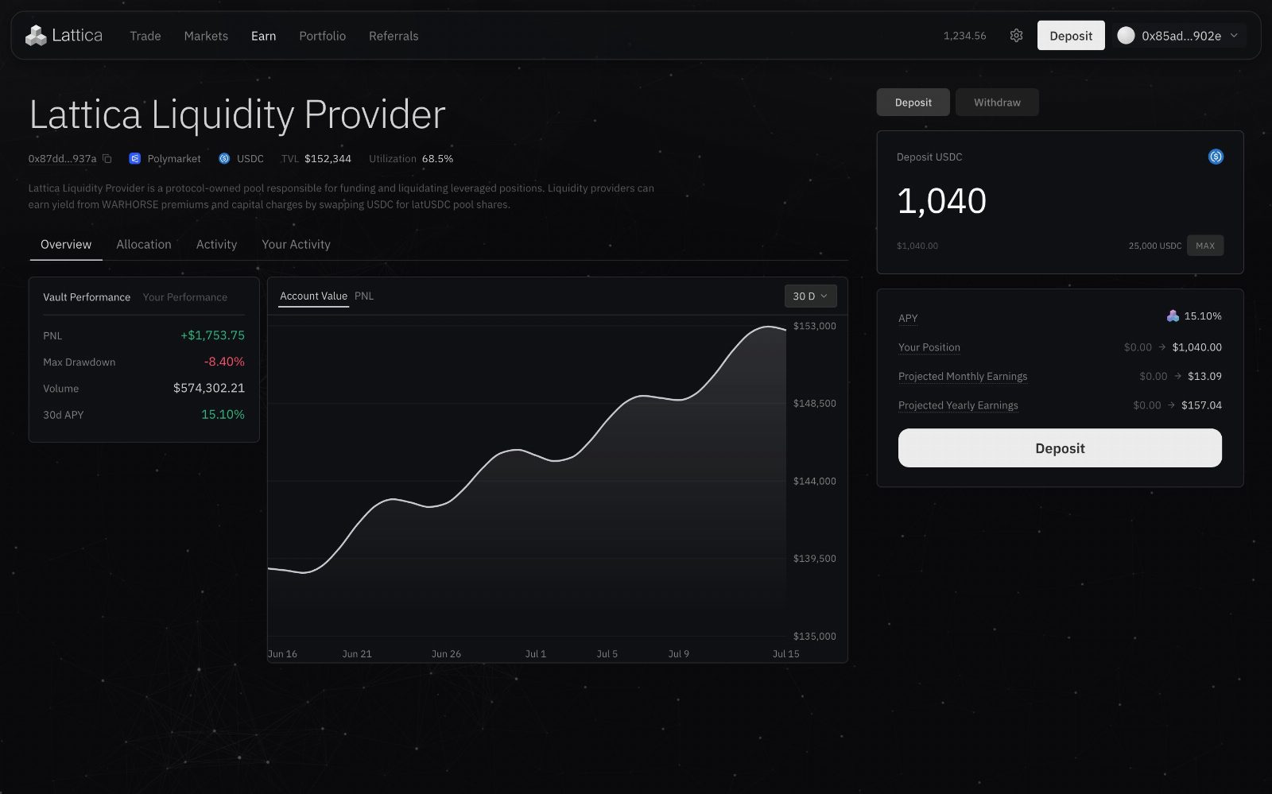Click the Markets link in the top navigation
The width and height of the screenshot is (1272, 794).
[206, 36]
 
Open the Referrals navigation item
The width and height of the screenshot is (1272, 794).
[394, 36]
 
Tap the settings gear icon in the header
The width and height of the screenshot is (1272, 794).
[1017, 36]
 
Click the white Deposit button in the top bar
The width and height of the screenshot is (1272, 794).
[1071, 36]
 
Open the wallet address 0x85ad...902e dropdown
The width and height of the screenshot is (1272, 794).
[1179, 36]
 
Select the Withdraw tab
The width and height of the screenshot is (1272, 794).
[997, 103]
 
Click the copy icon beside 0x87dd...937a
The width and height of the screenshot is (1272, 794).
[107, 159]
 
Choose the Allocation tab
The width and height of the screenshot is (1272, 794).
[144, 244]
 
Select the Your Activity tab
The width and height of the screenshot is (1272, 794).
[296, 244]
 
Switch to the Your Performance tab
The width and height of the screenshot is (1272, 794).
[184, 296]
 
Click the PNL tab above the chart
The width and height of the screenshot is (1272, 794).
[364, 296]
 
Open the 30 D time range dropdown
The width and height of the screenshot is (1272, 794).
[810, 296]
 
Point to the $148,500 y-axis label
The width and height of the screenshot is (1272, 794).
[814, 404]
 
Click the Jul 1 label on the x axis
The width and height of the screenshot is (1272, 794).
[536, 654]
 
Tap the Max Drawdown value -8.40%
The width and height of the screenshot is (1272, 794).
[224, 362]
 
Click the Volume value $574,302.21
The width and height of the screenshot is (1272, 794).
[209, 388]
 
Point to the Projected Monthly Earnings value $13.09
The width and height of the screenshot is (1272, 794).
[1204, 376]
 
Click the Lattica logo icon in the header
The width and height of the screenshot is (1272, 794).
[36, 35]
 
